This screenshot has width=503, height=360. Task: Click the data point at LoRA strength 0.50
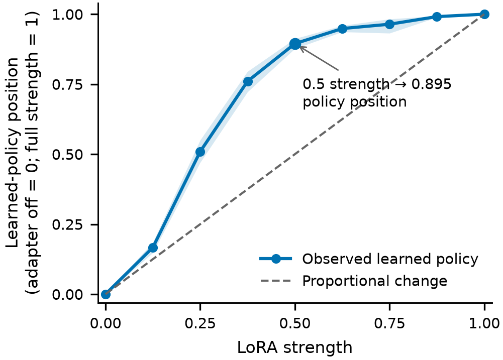pyautogui.click(x=295, y=44)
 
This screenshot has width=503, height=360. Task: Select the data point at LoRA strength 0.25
pyautogui.click(x=200, y=152)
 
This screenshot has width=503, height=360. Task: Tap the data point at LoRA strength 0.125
pyautogui.click(x=153, y=248)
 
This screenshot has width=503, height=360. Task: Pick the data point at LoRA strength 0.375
pyautogui.click(x=248, y=82)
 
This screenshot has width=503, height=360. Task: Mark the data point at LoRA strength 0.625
pyautogui.click(x=342, y=29)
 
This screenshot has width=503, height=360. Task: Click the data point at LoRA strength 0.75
pyautogui.click(x=389, y=25)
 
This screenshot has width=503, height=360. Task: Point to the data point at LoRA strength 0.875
pyautogui.click(x=437, y=17)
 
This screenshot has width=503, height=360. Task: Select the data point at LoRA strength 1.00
pyautogui.click(x=484, y=15)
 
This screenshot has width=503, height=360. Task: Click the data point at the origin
pyautogui.click(x=106, y=294)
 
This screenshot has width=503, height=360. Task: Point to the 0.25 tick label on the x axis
pyautogui.click(x=200, y=323)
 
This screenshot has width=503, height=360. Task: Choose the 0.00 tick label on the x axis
pyautogui.click(x=106, y=323)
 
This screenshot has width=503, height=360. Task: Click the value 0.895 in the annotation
pyautogui.click(x=432, y=84)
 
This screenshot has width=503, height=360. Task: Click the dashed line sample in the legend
pyautogui.click(x=276, y=281)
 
